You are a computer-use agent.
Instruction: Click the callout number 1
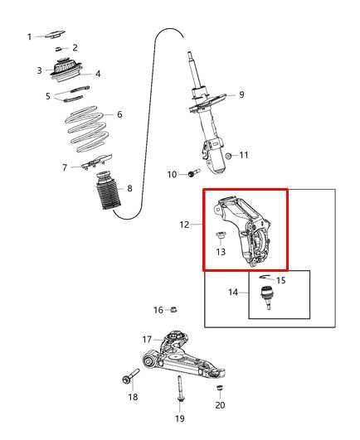tap(29, 36)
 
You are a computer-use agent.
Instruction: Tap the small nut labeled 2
tap(59, 50)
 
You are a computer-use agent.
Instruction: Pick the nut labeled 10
tap(191, 173)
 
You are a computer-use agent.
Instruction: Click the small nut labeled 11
tap(228, 156)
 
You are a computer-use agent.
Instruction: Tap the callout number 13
tap(221, 252)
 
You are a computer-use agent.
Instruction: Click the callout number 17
tap(147, 339)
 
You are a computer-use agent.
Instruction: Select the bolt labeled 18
tap(126, 380)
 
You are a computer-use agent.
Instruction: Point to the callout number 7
tap(65, 167)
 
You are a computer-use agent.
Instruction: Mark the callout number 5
tap(48, 96)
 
